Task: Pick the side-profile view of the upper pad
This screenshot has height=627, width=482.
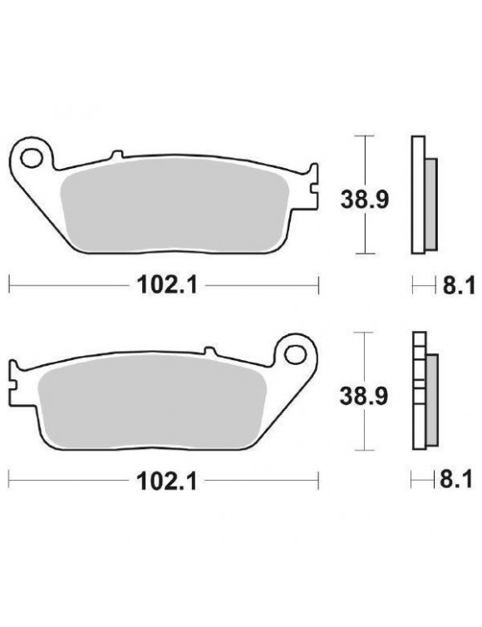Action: tap(421, 193)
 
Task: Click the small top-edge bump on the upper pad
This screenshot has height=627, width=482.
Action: tap(117, 154)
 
